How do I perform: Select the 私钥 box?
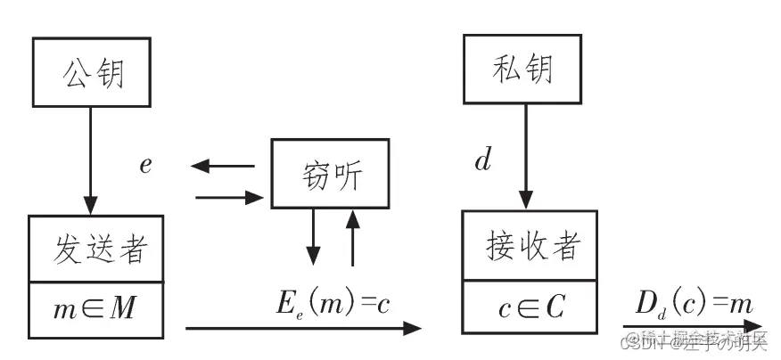pyautogui.click(x=522, y=70)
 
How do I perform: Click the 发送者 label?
pyautogui.click(x=95, y=249)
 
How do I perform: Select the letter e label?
pyautogui.click(x=145, y=165)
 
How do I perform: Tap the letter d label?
pyautogui.click(x=482, y=161)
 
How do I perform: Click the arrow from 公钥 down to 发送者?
pyautogui.click(x=89, y=160)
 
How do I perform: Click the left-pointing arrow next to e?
pyautogui.click(x=223, y=166)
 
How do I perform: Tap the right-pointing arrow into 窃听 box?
pyautogui.click(x=227, y=195)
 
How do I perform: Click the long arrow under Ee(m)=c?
pyautogui.click(x=303, y=329)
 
